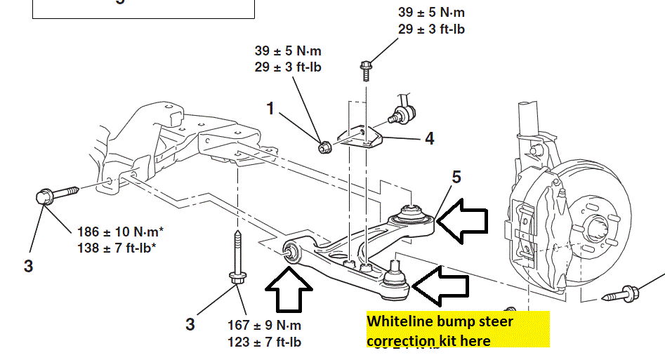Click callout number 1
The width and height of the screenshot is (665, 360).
271,108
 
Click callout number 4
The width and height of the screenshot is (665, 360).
429,138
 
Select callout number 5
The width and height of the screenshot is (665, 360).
456,178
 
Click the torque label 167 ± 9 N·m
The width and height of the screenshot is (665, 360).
264,325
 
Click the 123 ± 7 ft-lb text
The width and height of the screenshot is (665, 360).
264,342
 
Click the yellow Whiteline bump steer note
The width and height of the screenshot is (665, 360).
456,330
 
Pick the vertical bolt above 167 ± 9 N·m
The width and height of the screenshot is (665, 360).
237,260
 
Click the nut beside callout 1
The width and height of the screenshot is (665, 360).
324,147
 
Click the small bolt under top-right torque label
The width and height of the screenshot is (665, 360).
366,71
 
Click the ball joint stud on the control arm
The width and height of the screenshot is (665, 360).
393,267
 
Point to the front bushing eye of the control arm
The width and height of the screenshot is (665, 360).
291,251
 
